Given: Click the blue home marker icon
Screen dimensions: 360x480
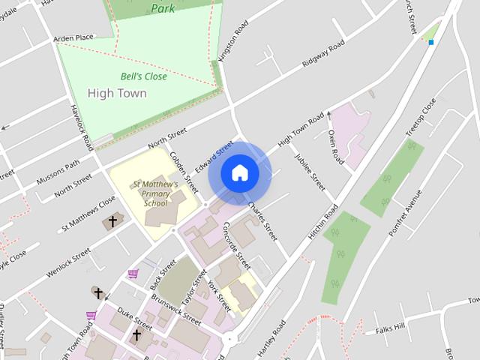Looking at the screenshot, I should pos(239,173).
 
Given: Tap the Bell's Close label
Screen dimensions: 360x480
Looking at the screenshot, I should pos(143,76).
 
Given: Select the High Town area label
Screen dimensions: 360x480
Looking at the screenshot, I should pos(117,94).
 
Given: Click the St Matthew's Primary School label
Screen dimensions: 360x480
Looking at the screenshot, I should pos(155,193).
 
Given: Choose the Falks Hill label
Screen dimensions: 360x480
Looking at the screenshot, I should pos(389,328).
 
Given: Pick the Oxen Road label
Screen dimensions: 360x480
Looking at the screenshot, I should pos(335,147).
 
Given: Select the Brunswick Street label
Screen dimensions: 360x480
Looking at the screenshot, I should pos(175,307).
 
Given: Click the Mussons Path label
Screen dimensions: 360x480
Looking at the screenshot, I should pos(58,175).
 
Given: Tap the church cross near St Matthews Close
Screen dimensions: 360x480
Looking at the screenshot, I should pos(113,222).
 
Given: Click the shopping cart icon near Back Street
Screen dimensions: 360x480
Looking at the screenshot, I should pos(133,274).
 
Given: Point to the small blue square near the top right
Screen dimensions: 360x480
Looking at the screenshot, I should pos(431,43).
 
